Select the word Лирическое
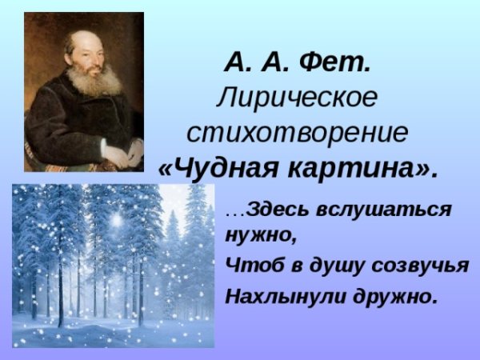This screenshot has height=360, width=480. coord(296,98)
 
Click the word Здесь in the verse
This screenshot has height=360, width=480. coord(276,211)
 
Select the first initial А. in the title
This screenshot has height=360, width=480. coord(238,62)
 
